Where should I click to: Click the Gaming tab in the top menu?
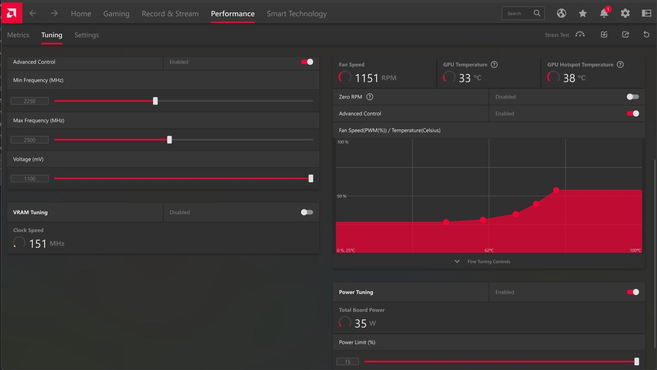tap(116, 13)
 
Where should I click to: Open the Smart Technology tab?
tap(297, 13)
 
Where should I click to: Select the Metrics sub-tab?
tap(18, 35)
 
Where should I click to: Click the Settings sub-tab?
tap(86, 35)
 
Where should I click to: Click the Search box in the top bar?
tap(523, 13)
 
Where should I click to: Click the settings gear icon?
tap(625, 13)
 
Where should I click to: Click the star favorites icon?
tap(583, 13)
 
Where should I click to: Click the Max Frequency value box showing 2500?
tap(30, 140)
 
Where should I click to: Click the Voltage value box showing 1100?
tap(30, 178)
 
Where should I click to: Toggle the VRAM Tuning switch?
tap(307, 212)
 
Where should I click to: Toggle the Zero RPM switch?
tap(633, 97)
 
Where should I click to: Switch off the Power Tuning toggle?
tap(633, 292)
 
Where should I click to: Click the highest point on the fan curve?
tap(556, 190)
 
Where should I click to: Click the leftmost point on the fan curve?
tap(446, 222)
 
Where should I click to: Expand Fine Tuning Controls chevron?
tap(457, 261)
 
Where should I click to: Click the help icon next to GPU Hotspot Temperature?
tap(620, 64)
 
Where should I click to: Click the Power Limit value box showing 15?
tap(347, 362)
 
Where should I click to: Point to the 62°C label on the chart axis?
tap(489, 250)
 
